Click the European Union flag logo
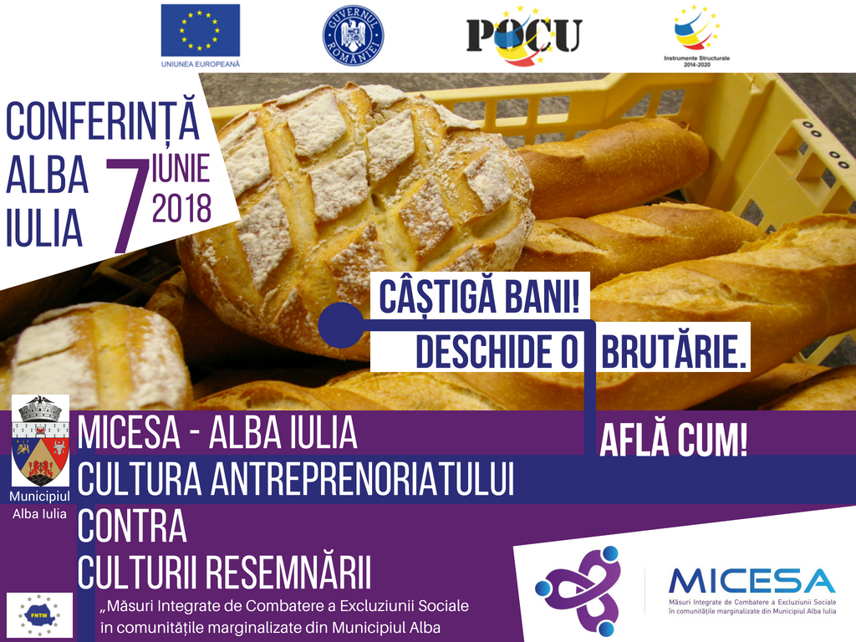pos(201,30)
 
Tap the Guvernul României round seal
pos(354,35)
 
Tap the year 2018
pos(181,208)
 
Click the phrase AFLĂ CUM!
pos(673,440)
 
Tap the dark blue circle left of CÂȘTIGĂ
pos(341,325)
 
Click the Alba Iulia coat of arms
pos(40,441)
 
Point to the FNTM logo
pos(39,615)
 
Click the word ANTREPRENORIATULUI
pos(363,479)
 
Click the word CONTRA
pos(132,526)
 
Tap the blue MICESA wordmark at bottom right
pos(752,582)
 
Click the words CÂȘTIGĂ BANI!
pos(479,296)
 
